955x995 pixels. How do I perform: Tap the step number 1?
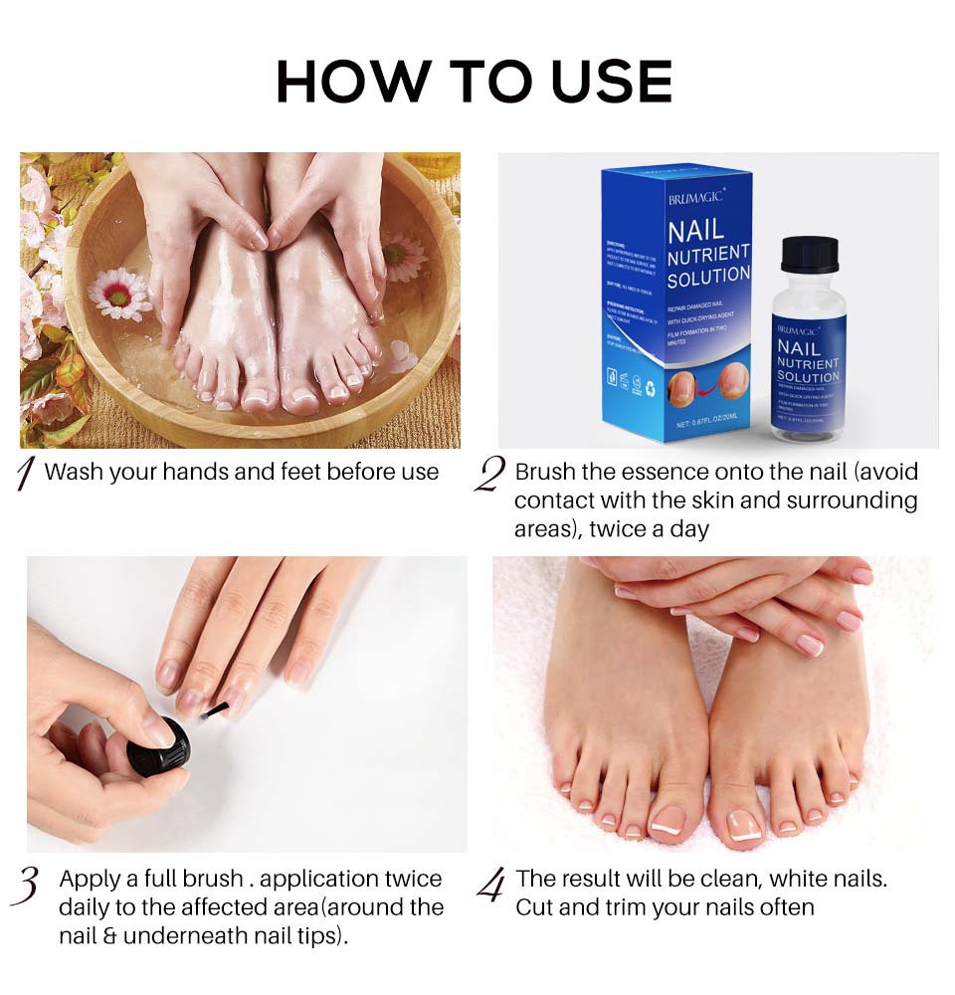coord(27,475)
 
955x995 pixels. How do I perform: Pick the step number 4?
coord(489,885)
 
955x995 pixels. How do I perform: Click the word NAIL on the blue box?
coord(695,233)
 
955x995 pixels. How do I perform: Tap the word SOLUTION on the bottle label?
coord(808,378)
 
